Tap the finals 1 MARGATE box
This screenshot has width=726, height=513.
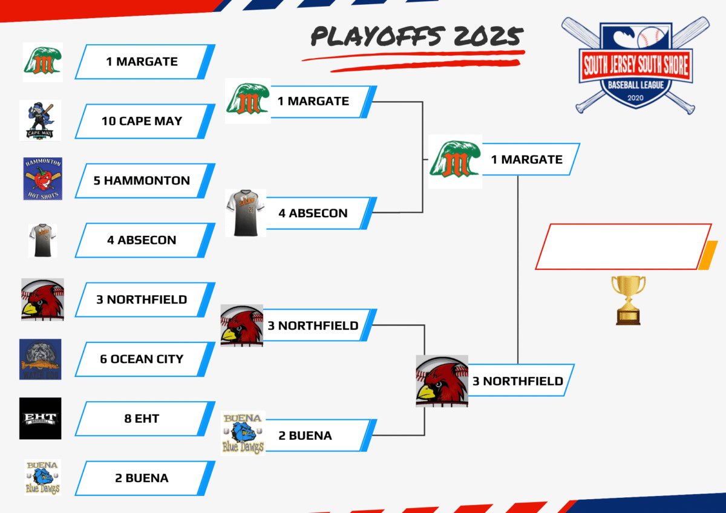click(528, 160)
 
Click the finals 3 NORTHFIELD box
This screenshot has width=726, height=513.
click(519, 381)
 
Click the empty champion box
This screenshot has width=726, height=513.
click(623, 246)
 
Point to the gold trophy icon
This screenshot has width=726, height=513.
click(628, 299)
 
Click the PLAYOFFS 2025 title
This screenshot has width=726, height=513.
click(416, 38)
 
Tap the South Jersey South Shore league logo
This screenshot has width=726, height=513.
click(635, 65)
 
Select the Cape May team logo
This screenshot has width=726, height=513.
click(40, 120)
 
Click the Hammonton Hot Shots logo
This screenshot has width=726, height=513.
click(43, 179)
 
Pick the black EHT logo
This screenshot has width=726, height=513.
click(40, 418)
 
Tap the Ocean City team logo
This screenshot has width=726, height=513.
click(40, 359)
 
